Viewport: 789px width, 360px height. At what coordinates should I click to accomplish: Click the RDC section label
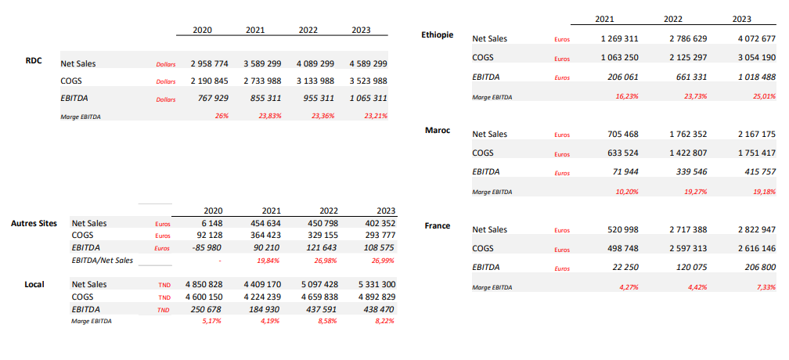coord(34,61)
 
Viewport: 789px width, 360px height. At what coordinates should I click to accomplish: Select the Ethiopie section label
coord(438,34)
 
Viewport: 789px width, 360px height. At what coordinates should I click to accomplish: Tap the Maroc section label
coord(438,130)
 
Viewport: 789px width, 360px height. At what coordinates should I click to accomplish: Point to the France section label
coord(438,225)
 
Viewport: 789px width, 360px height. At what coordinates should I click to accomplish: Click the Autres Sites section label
coord(34,223)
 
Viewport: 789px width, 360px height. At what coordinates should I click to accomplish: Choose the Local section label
coord(34,284)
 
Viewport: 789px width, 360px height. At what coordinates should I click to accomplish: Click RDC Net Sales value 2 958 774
coord(209,64)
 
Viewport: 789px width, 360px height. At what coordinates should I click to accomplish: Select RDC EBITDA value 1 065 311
coord(369,98)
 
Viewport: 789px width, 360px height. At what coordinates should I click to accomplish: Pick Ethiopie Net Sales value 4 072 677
coord(757,38)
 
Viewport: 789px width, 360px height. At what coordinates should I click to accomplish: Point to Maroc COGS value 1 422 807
coord(688,153)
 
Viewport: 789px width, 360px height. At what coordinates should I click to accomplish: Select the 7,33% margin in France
coord(766,287)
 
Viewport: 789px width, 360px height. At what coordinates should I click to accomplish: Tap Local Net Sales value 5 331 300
coord(377,284)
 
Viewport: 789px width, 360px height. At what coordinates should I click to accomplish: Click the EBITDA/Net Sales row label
coord(103,260)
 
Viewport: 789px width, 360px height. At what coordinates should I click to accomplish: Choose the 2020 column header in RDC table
coord(202,30)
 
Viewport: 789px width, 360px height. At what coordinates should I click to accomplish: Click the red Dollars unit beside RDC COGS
coord(166,81)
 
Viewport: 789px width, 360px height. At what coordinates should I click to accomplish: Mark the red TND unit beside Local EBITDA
coord(164,310)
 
